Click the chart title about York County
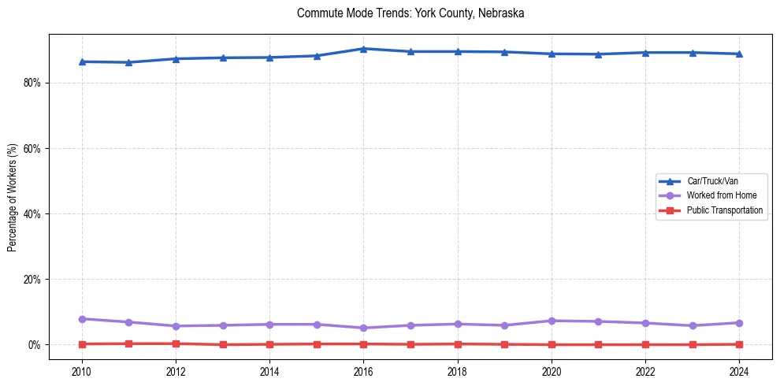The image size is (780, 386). (x=410, y=13)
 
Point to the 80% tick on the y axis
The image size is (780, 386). (x=31, y=83)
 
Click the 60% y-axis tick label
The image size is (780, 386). (x=31, y=148)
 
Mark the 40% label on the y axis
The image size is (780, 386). (x=31, y=213)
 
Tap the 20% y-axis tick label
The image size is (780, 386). (x=31, y=280)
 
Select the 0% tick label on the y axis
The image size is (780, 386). (x=33, y=345)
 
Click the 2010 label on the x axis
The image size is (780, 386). (x=82, y=370)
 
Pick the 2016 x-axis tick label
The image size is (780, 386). (x=363, y=370)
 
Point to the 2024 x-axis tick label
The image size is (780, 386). (x=739, y=370)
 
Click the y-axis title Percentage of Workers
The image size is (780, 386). (x=13, y=197)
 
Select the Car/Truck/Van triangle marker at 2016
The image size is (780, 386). (x=363, y=49)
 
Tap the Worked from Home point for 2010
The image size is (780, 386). (x=82, y=319)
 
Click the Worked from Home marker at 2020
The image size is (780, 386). (x=552, y=321)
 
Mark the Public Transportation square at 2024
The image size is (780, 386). (x=739, y=344)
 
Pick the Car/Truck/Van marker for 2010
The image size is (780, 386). (x=82, y=61)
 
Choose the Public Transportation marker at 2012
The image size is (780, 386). (x=176, y=343)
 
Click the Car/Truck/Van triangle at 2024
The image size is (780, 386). (x=739, y=54)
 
